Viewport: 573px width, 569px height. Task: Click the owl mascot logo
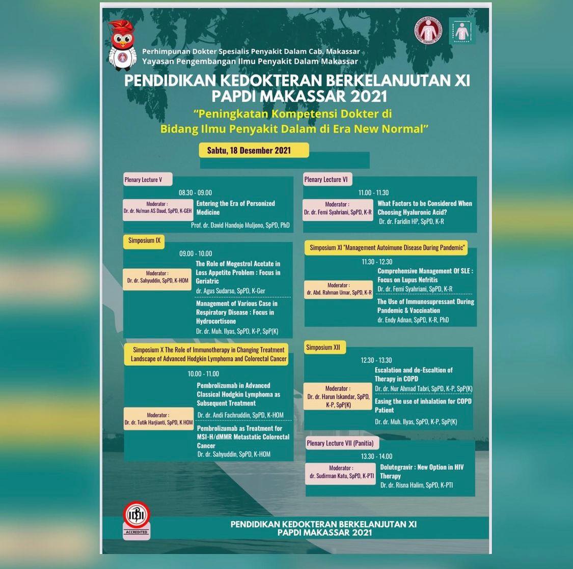123,45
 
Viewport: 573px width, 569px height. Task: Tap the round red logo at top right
427,31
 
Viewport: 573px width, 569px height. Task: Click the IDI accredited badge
137,520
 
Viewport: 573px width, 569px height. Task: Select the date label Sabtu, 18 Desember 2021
254,150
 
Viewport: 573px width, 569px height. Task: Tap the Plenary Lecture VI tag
327,179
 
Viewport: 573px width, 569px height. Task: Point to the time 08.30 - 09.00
195,193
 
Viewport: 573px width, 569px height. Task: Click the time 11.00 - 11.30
373,193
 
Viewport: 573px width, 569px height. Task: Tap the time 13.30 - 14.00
376,457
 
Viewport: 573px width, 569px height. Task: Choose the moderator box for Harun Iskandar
338,396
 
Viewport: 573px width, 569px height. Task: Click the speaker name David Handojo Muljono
240,224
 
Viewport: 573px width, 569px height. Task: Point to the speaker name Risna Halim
417,485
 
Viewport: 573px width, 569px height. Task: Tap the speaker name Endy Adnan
413,320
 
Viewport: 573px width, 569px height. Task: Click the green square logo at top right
461,31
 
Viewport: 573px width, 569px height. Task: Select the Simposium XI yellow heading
387,248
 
